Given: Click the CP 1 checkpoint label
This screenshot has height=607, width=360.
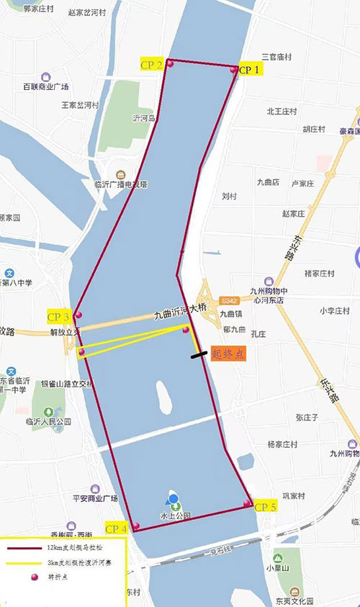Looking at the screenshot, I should tap(251, 70).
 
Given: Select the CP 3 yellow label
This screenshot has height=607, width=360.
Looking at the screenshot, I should tap(58, 317).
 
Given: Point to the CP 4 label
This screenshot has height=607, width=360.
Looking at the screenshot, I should tap(116, 529).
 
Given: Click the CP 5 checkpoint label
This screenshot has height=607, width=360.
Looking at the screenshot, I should tap(265, 506).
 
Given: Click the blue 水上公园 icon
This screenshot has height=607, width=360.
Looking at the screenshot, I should tap(173, 500).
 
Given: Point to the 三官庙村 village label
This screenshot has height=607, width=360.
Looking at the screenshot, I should tap(277, 56).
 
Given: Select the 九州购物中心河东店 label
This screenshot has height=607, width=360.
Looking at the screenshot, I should tap(268, 295).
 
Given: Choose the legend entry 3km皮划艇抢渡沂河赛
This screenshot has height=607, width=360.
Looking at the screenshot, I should tap(61, 562).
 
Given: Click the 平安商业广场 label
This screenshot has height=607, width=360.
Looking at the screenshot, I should tap(89, 498).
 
